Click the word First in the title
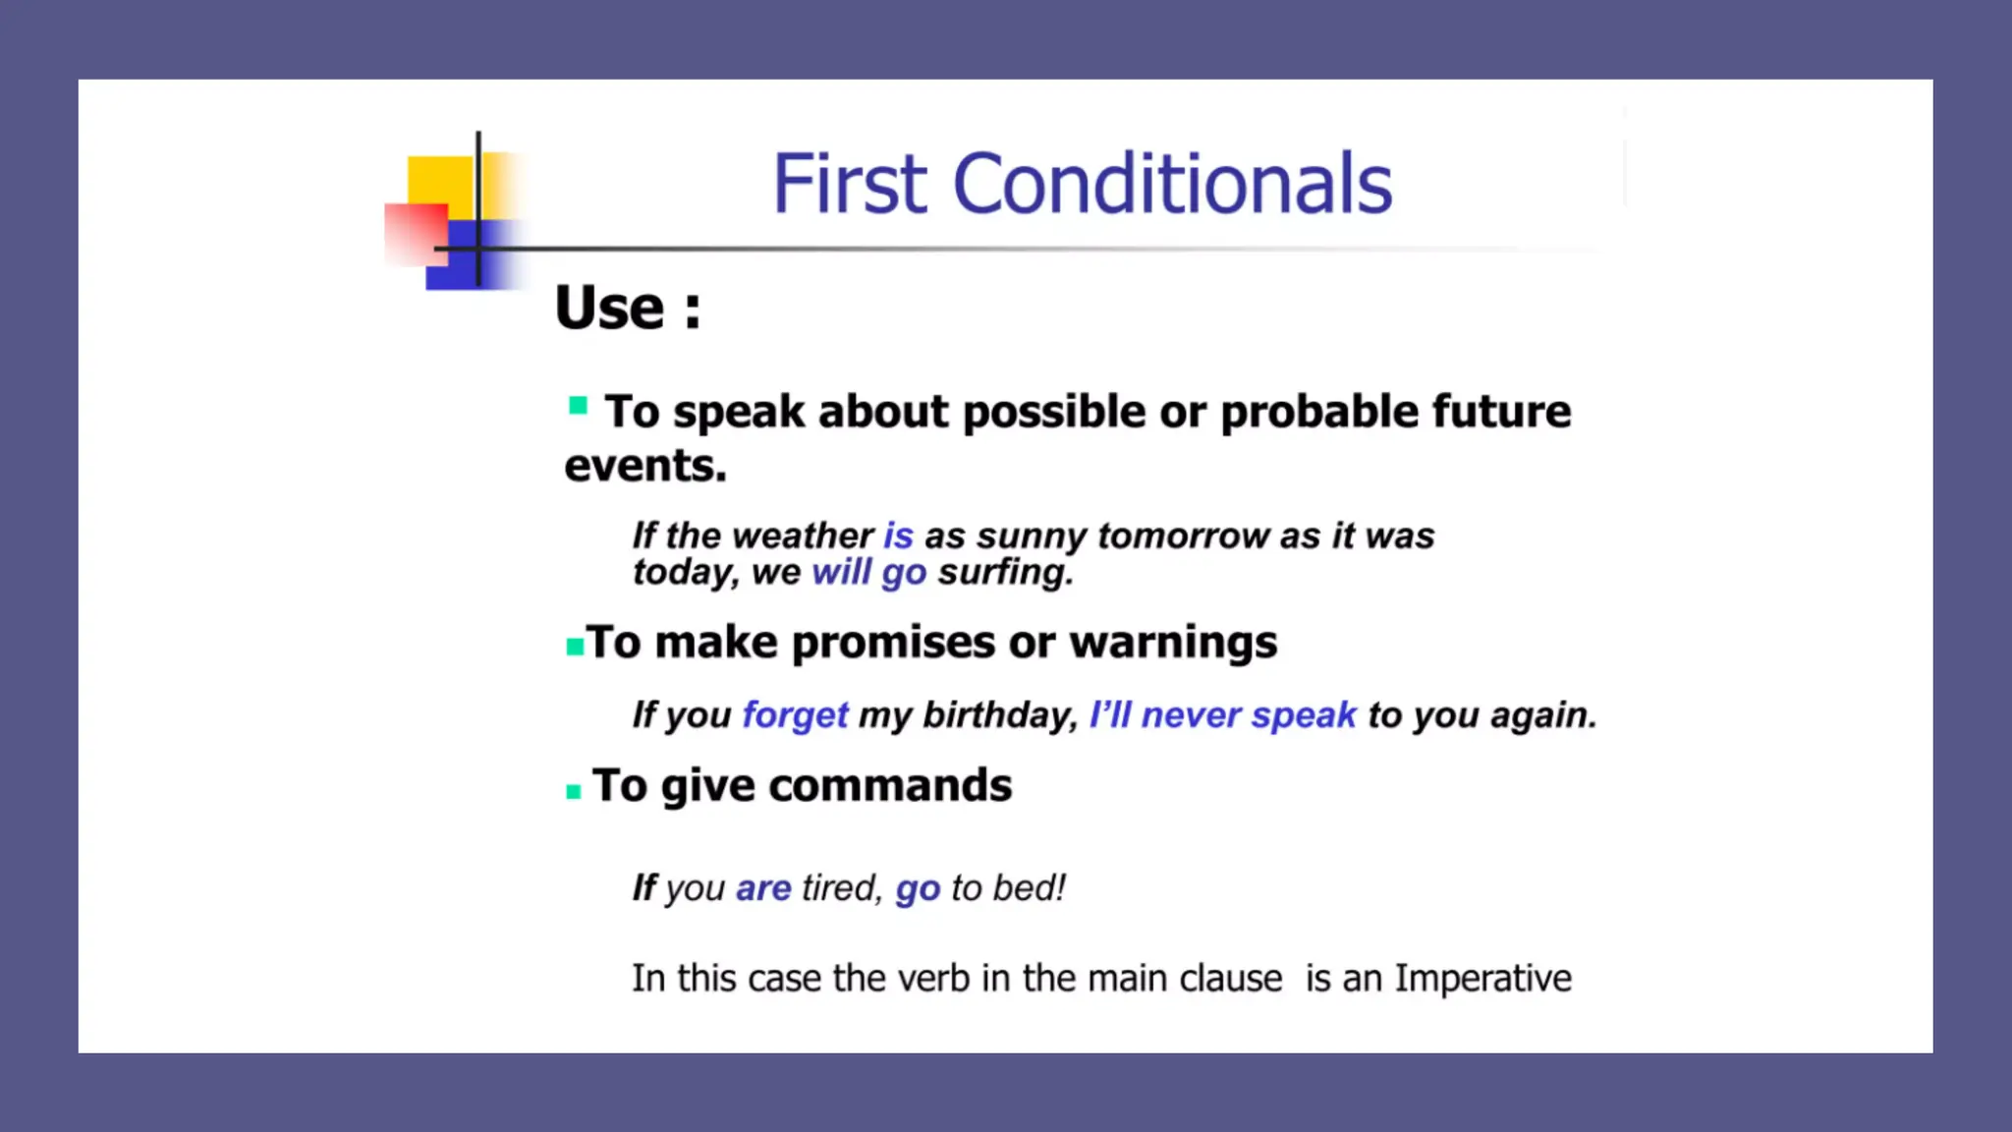849,184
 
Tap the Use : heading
627,308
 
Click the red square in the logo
414,234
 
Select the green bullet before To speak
578,406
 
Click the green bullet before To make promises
575,647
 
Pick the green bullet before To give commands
574,791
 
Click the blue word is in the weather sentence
898,536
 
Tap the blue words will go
868,572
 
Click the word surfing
1004,572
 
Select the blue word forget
795,714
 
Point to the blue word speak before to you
1304,715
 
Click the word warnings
1173,643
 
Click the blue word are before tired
763,888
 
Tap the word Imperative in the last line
1482,979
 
